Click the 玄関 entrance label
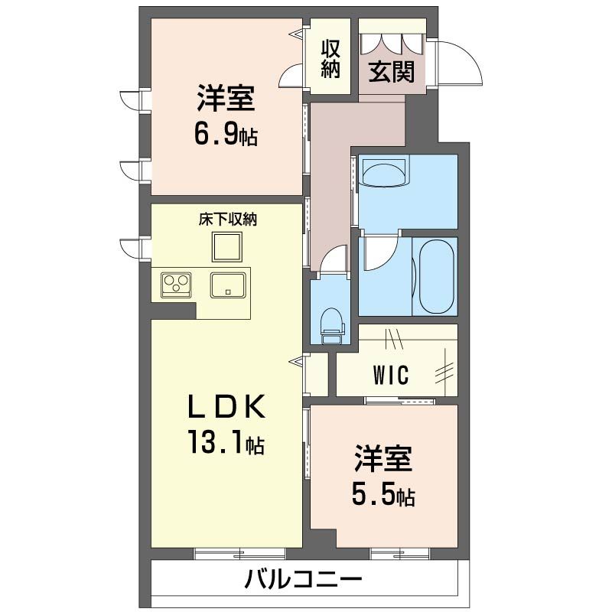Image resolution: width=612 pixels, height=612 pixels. click(x=391, y=72)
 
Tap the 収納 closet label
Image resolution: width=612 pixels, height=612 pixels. click(x=330, y=59)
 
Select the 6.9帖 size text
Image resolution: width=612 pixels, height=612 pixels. click(x=226, y=135)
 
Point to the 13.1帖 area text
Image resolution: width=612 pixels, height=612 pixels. click(x=226, y=442)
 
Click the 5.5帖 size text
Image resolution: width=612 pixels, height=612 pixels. click(x=383, y=495)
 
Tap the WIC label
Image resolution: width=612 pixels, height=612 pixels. click(x=391, y=375)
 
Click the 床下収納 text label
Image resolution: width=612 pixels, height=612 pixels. click(x=228, y=220)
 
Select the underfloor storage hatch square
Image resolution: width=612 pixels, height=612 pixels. click(x=226, y=246)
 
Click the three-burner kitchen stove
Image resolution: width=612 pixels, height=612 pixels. click(x=176, y=285)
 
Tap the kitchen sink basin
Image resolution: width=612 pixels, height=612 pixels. click(x=228, y=285)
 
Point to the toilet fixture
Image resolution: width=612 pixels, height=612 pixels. click(x=331, y=327)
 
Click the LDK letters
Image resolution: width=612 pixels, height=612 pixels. click(x=226, y=407)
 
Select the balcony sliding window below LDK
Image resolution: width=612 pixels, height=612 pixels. click(x=239, y=553)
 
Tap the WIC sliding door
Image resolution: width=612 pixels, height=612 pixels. click(x=399, y=400)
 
